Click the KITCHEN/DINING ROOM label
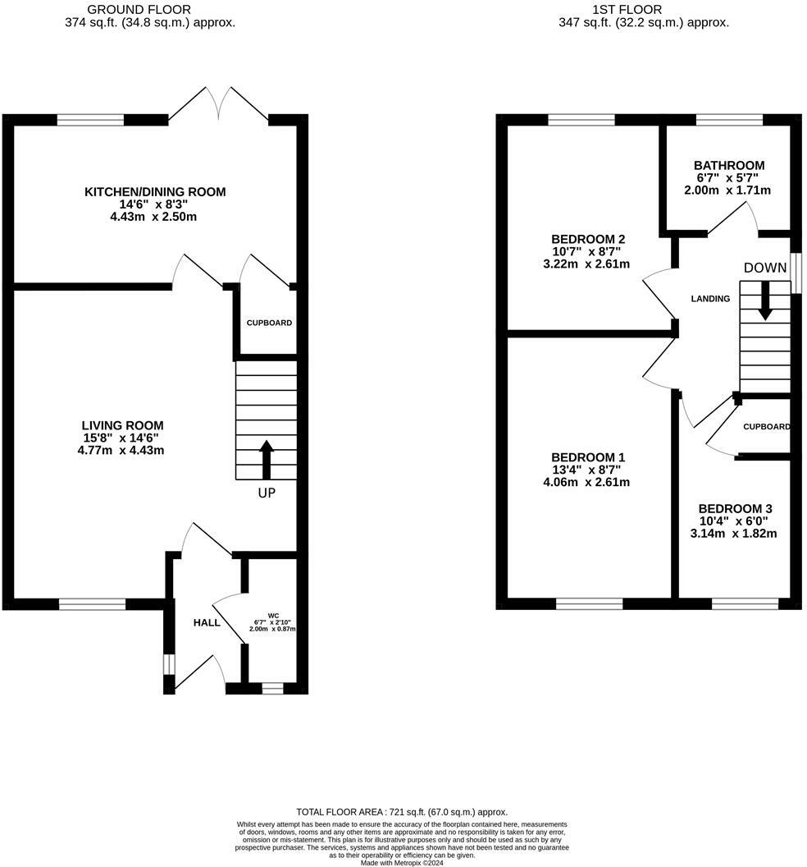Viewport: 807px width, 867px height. pos(155,192)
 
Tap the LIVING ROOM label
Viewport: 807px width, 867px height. pos(122,425)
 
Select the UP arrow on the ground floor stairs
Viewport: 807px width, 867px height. pos(267,460)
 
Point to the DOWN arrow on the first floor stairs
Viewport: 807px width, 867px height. pos(765,300)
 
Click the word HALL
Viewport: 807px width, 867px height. pos(207,622)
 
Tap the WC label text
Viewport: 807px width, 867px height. pos(273,615)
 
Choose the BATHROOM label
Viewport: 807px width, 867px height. pos(727,165)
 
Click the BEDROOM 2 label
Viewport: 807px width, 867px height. pos(588,238)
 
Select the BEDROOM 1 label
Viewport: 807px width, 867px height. pos(588,456)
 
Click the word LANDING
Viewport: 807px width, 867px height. pos(710,299)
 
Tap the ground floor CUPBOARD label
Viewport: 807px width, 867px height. pos(269,323)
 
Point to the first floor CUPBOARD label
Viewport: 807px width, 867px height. pos(766,427)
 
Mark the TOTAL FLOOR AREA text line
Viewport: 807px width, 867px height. pos(402,811)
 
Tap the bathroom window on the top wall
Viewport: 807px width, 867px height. pos(728,120)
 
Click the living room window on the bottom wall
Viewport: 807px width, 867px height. pos(92,604)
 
